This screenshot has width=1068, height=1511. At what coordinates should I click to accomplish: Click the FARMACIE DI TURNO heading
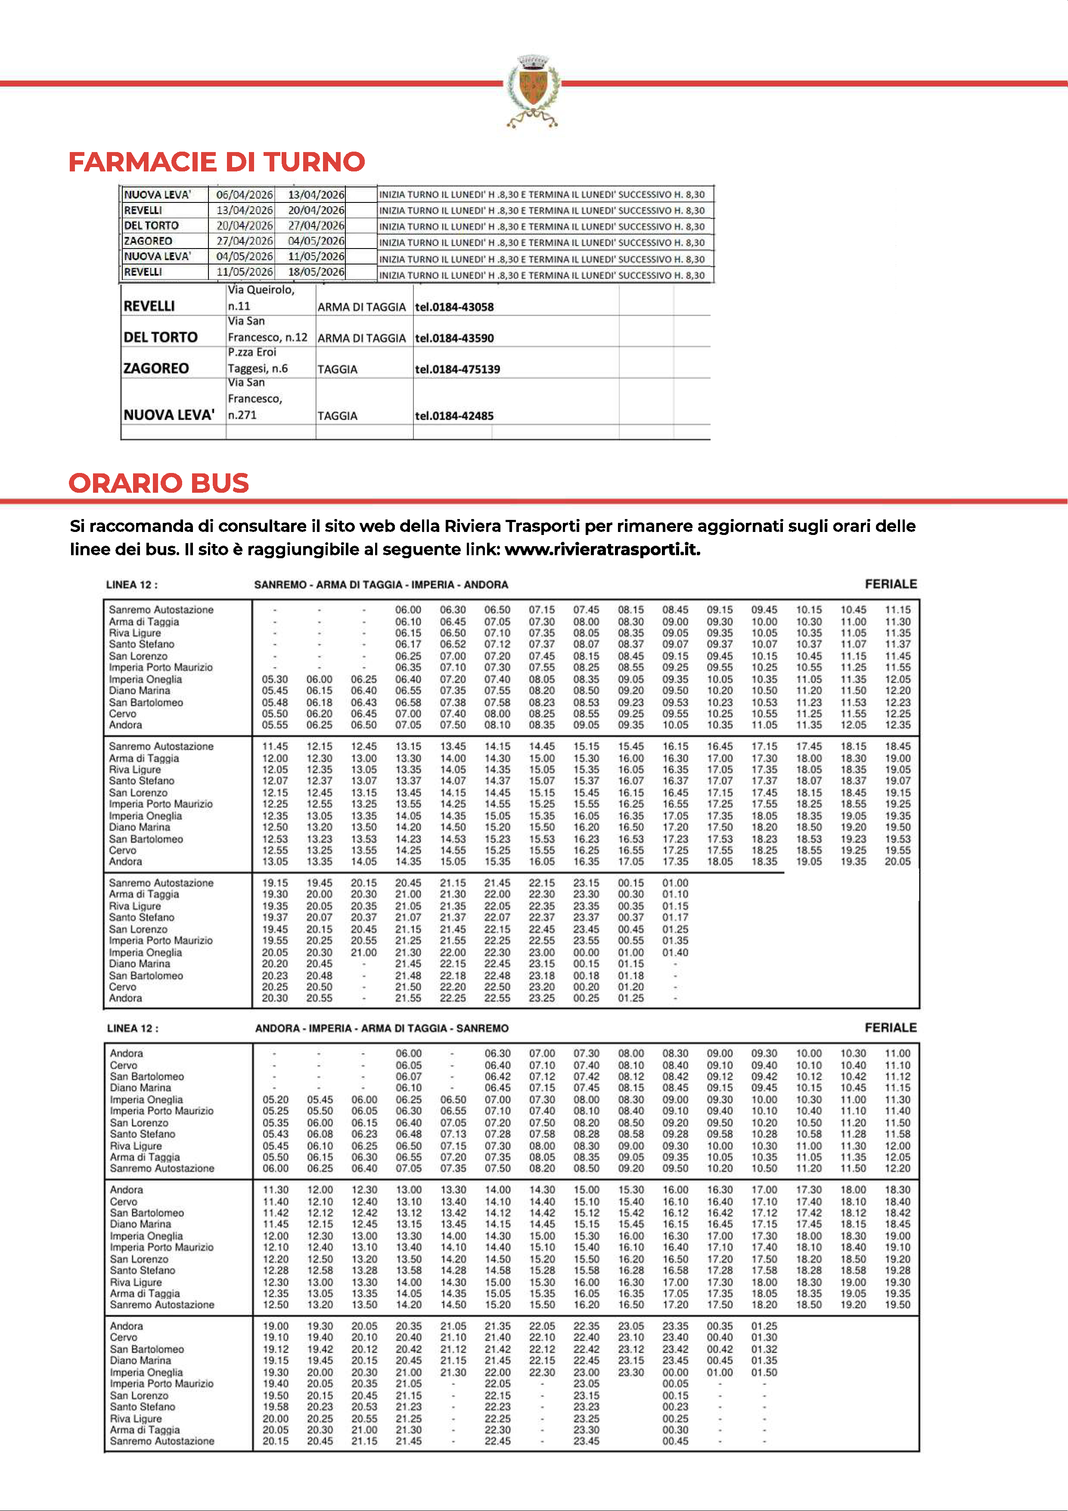tap(217, 162)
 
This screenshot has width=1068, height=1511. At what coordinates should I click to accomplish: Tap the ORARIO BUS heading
tap(158, 483)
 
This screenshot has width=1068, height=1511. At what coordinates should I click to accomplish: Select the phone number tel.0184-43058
tap(454, 307)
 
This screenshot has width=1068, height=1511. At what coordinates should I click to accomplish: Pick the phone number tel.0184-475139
tap(457, 369)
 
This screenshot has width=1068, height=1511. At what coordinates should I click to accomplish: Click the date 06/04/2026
tap(244, 195)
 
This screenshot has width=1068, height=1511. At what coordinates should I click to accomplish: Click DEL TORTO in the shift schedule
tap(151, 226)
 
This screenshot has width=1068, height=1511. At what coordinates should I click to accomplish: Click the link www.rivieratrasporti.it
tap(602, 550)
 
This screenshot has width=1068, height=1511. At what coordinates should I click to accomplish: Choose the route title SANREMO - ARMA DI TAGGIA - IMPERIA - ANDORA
tap(381, 585)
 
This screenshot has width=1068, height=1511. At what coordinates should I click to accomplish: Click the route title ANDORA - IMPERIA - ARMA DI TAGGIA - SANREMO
tap(382, 1028)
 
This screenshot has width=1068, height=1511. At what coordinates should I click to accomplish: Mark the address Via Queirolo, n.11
tap(261, 298)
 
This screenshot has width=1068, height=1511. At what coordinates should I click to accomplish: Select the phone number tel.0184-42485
tap(454, 416)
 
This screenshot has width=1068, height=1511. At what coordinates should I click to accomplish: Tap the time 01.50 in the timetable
tap(764, 1373)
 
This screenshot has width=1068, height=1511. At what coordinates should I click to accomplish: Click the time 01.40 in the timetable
tap(675, 952)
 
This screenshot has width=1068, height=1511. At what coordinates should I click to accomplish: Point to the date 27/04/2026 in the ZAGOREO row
tap(244, 241)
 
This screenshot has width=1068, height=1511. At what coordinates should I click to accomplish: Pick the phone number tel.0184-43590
tap(454, 338)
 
